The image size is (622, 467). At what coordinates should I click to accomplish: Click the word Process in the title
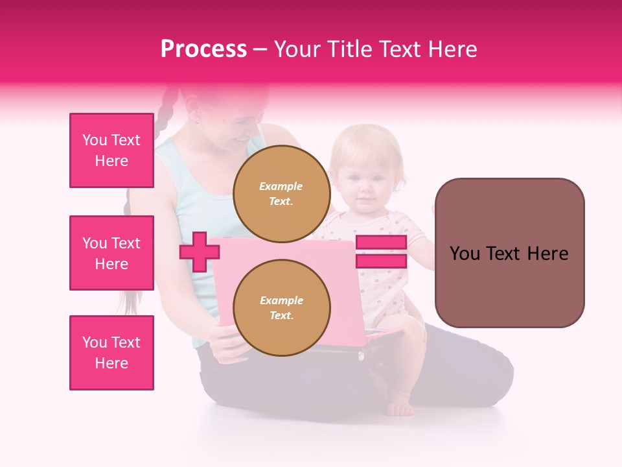tap(203, 49)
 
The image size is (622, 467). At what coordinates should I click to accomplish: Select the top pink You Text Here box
tap(111, 150)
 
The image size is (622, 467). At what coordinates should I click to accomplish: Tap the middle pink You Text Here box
tap(111, 253)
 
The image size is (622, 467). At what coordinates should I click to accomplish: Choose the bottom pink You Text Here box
tap(111, 353)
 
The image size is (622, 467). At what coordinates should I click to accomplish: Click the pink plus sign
tap(199, 252)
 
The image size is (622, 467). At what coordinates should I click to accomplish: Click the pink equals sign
tap(381, 252)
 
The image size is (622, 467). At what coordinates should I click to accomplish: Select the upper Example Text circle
tap(282, 193)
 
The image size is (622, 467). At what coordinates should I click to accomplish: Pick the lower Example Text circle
tap(282, 308)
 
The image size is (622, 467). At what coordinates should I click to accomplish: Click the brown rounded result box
tap(509, 253)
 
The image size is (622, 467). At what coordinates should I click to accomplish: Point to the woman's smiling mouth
tap(242, 139)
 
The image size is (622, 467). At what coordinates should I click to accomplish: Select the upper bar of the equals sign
tap(381, 243)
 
